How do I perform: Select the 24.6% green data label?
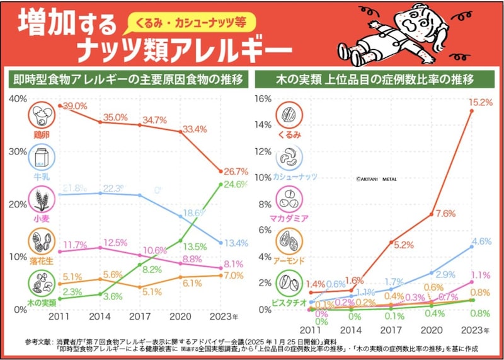[234, 185]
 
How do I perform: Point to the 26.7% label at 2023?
[234, 171]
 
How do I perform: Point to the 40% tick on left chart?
[17, 99]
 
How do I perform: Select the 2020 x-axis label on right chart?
[432, 330]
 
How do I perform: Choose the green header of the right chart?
[375, 79]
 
